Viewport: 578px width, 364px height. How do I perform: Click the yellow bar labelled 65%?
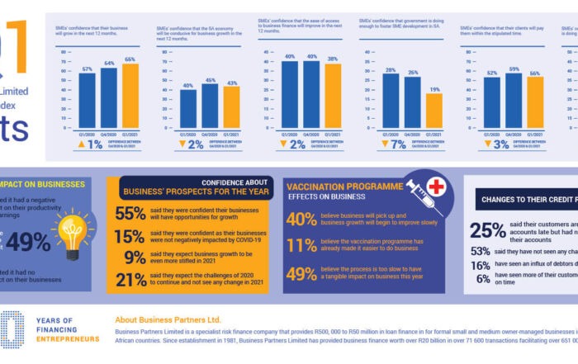[130, 94]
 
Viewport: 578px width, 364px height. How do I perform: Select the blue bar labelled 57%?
[87, 98]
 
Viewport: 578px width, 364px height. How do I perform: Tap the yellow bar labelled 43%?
[231, 107]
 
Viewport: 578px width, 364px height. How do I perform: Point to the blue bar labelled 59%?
[514, 97]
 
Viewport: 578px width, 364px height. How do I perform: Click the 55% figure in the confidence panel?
[130, 214]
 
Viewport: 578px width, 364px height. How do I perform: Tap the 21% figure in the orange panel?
[130, 281]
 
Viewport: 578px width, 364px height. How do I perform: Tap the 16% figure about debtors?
[480, 266]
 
